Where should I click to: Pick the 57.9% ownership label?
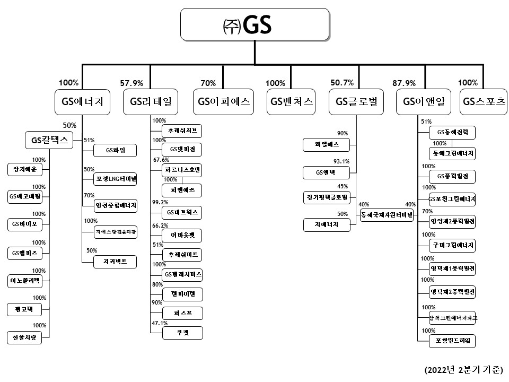coord(131,83)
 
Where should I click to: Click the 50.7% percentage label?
coord(341,83)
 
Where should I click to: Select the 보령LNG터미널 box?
coord(115,179)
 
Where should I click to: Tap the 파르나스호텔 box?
coord(182,171)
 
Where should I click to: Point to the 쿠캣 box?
coord(182,333)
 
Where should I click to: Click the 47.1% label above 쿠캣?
coord(160,323)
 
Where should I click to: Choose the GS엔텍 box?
coord(325,172)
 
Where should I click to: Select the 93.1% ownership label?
coord(340,161)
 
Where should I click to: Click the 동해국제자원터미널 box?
coord(387,214)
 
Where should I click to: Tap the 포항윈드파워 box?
coord(452,340)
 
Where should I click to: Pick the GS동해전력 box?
coord(452,132)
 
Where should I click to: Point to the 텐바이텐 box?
coord(182,294)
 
